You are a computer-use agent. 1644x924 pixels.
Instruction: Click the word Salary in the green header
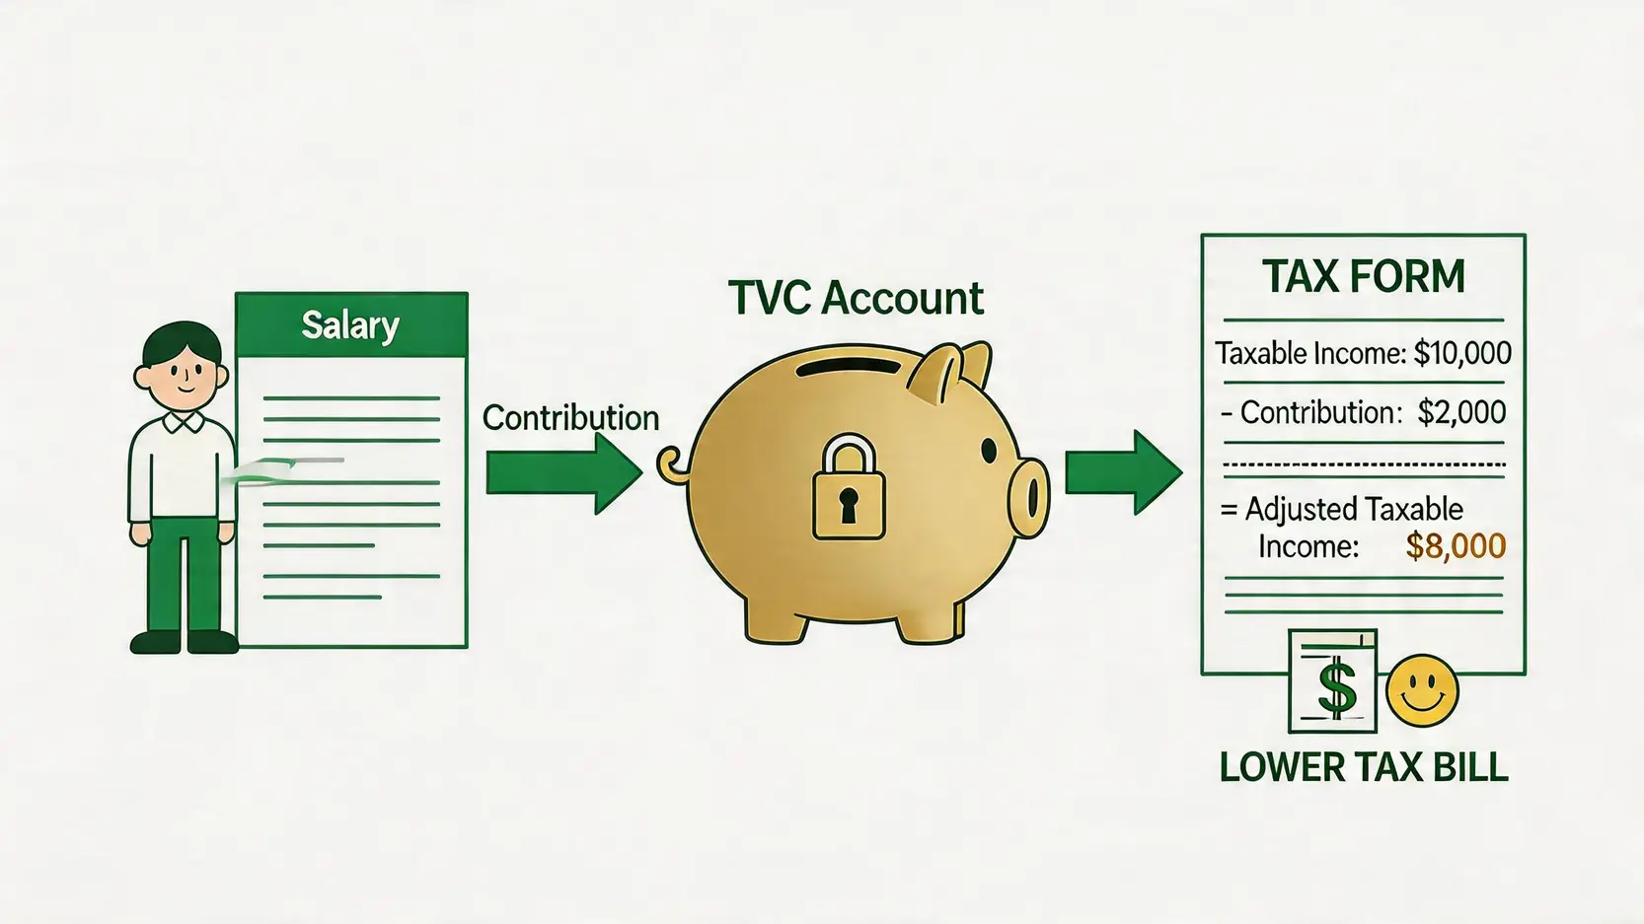351,325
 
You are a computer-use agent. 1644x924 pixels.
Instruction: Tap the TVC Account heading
856,298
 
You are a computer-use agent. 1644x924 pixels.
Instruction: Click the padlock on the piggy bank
849,486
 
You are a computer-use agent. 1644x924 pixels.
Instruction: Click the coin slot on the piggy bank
850,366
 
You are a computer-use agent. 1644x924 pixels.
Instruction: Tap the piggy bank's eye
989,451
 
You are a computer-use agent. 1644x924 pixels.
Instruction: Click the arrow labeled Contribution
564,473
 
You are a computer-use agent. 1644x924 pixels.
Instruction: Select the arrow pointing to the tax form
1124,473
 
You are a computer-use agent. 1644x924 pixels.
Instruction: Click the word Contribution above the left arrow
571,418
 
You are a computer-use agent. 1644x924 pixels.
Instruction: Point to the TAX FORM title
1364,276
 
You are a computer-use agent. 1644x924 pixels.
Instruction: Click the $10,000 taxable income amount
1462,353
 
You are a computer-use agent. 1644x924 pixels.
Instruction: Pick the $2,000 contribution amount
1462,412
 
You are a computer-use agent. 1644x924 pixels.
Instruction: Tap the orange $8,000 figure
1457,546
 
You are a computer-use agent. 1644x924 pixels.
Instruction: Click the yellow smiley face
1422,691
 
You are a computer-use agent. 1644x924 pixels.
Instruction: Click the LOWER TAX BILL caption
1364,767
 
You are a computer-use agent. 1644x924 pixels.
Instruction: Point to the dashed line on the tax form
1365,464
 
